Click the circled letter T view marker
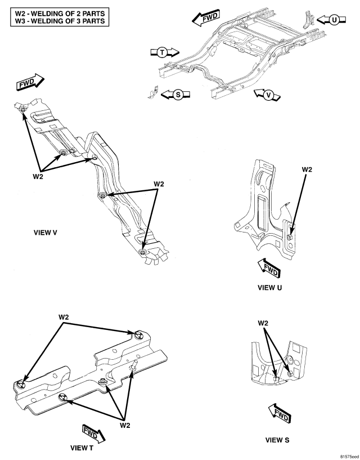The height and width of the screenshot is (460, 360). point(162,52)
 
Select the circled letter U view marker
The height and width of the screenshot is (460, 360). point(334,20)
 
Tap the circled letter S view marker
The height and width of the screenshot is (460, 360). point(178,95)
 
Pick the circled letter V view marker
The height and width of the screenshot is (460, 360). point(268,95)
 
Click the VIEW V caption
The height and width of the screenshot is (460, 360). point(46,233)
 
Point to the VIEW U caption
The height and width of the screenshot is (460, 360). point(269,288)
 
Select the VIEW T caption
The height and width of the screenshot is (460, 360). point(82,448)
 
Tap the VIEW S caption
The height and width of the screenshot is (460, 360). point(277,440)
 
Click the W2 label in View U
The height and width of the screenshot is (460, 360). point(307,169)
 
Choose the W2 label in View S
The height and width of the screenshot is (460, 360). point(263,323)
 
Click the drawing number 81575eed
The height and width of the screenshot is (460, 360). point(349,457)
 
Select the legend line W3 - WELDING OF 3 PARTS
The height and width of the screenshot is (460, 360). point(60,21)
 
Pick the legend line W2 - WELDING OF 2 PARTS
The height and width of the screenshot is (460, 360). point(60,14)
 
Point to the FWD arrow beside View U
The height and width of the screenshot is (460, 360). point(269,268)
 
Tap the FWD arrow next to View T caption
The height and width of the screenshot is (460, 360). point(93,433)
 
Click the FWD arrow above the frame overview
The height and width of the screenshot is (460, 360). point(206,17)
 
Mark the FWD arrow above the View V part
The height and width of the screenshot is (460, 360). point(30,82)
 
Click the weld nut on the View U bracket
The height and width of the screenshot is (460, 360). point(290,237)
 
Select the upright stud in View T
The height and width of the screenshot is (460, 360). point(133,365)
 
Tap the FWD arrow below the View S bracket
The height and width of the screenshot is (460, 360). point(280,413)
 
